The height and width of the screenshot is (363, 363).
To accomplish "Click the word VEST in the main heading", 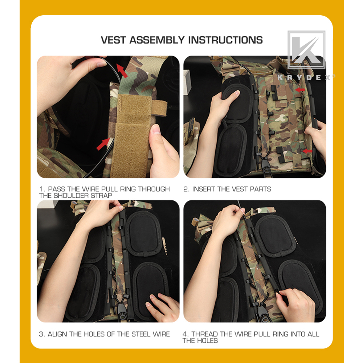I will [114, 40].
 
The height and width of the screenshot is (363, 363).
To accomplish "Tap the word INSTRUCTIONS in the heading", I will [225, 40].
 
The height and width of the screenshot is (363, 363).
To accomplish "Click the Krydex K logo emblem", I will [306, 50].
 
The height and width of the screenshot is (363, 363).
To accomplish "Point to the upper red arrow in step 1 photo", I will [122, 70].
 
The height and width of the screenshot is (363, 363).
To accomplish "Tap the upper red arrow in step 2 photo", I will [300, 89].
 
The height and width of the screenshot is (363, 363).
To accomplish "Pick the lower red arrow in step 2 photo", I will [307, 150].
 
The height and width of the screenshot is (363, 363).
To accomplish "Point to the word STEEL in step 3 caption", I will [132, 334].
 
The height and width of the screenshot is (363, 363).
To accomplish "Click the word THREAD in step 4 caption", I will [205, 334].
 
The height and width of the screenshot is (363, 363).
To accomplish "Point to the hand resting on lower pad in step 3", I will [161, 305].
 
